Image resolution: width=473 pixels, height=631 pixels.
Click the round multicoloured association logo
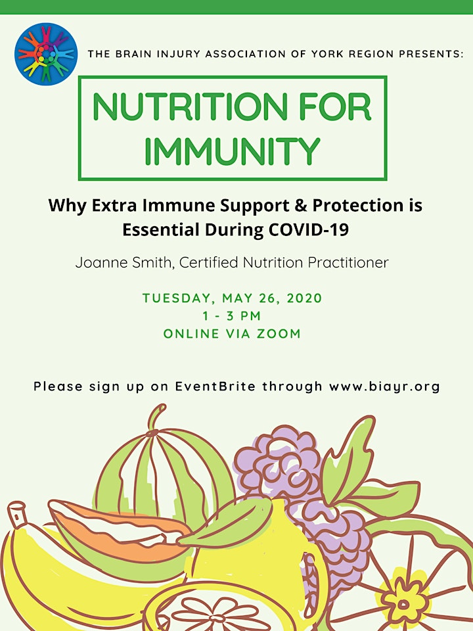[46, 55]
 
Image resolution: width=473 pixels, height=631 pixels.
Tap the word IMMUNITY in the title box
[232, 151]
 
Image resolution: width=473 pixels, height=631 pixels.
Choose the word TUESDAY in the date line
[177, 298]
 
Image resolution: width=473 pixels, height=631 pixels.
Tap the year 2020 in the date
[304, 298]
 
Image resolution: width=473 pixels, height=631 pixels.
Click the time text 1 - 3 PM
[232, 316]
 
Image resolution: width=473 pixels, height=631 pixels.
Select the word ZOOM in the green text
[279, 334]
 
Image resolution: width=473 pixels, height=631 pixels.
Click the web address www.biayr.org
[384, 386]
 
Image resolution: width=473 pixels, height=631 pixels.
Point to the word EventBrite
[215, 386]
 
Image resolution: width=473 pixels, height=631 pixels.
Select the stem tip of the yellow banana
[16, 513]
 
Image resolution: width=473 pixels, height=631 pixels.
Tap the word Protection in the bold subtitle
[358, 205]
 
